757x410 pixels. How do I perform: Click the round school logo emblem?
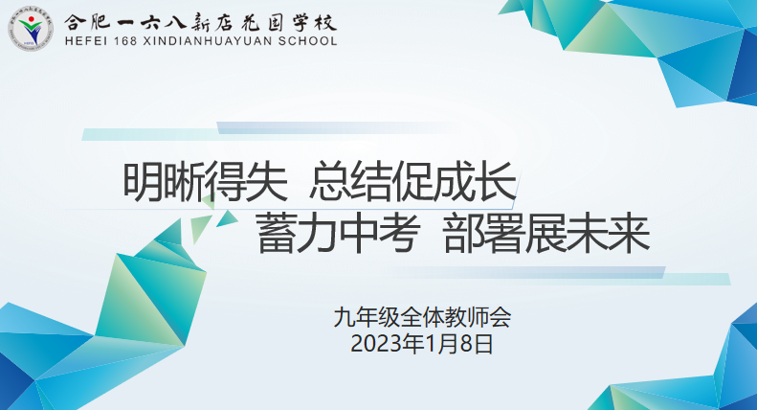click(x=31, y=29)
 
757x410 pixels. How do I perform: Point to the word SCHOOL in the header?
click(x=307, y=41)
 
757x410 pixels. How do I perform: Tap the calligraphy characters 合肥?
click(x=87, y=22)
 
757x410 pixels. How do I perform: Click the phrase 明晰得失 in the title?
click(x=206, y=182)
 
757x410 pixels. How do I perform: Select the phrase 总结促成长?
click(x=413, y=182)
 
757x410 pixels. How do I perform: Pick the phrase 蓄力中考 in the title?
click(x=339, y=235)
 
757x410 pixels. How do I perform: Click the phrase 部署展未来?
click(x=546, y=235)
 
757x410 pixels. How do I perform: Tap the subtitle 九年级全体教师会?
click(x=422, y=318)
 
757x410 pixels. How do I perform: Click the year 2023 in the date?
click(x=376, y=345)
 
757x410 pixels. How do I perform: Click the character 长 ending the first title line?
click(x=498, y=182)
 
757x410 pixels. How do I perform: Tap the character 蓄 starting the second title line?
click(x=277, y=235)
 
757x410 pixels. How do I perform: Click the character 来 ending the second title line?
click(x=630, y=235)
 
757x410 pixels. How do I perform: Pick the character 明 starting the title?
click(x=144, y=182)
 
